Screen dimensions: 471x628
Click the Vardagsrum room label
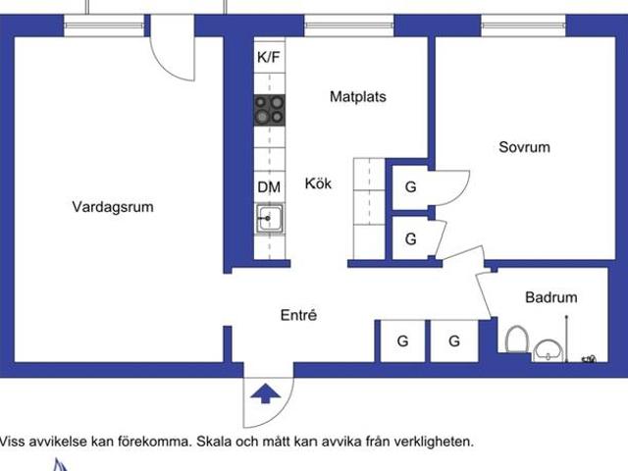click(113, 207)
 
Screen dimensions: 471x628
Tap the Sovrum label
click(524, 147)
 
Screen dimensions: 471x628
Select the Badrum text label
click(550, 297)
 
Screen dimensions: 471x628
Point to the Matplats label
click(357, 97)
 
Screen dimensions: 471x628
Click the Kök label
click(318, 183)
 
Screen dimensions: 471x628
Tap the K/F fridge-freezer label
click(269, 58)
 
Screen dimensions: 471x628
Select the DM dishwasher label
click(269, 186)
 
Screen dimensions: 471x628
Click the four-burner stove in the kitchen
click(270, 109)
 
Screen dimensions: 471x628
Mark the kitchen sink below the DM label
click(269, 218)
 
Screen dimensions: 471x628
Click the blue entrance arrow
click(264, 394)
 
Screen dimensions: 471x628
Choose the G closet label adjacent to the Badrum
click(454, 340)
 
